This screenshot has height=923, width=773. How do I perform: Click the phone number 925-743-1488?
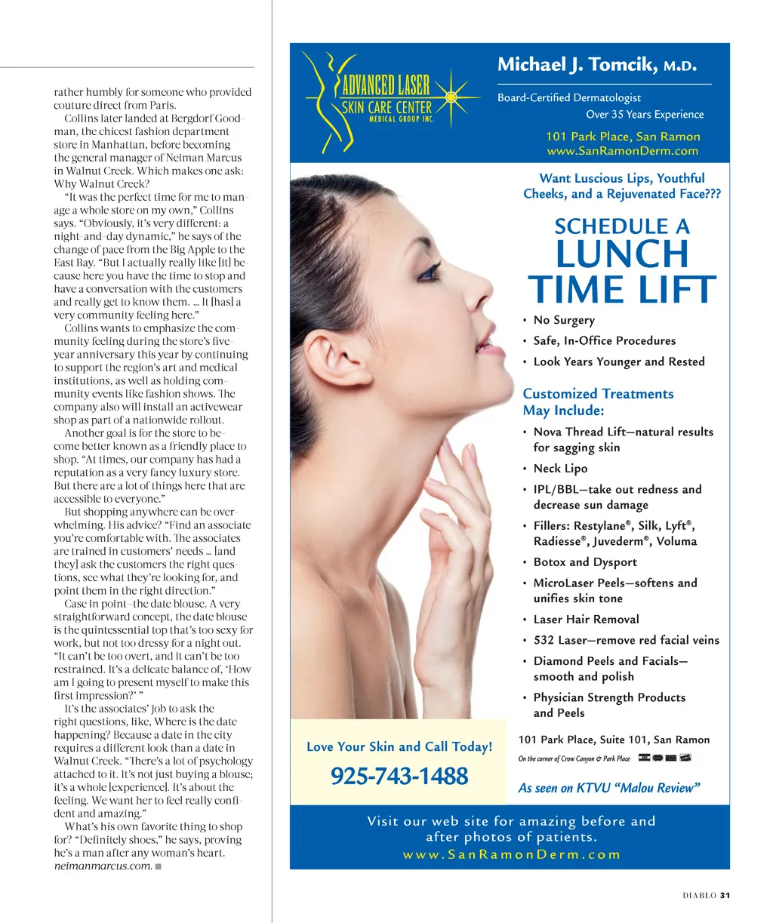click(x=399, y=776)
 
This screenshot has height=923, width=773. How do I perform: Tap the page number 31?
click(x=725, y=896)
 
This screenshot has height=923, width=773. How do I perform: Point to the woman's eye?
click(x=430, y=273)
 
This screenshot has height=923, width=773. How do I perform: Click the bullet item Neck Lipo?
click(x=560, y=468)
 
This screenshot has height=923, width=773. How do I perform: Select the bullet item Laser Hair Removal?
click(x=586, y=619)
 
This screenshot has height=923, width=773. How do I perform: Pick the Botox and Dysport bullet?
click(x=585, y=561)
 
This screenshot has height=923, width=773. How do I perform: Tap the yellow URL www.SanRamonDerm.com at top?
click(x=623, y=151)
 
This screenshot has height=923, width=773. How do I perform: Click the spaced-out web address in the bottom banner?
click(x=511, y=854)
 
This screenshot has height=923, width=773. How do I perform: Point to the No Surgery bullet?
click(x=564, y=320)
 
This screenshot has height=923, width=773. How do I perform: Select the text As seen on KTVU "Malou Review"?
click(x=609, y=788)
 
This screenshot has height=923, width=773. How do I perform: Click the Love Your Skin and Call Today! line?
click(x=399, y=746)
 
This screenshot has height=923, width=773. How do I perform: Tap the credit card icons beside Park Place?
click(x=664, y=758)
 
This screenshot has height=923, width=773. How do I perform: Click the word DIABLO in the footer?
click(x=699, y=896)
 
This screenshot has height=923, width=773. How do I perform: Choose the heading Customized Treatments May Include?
click(x=598, y=402)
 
